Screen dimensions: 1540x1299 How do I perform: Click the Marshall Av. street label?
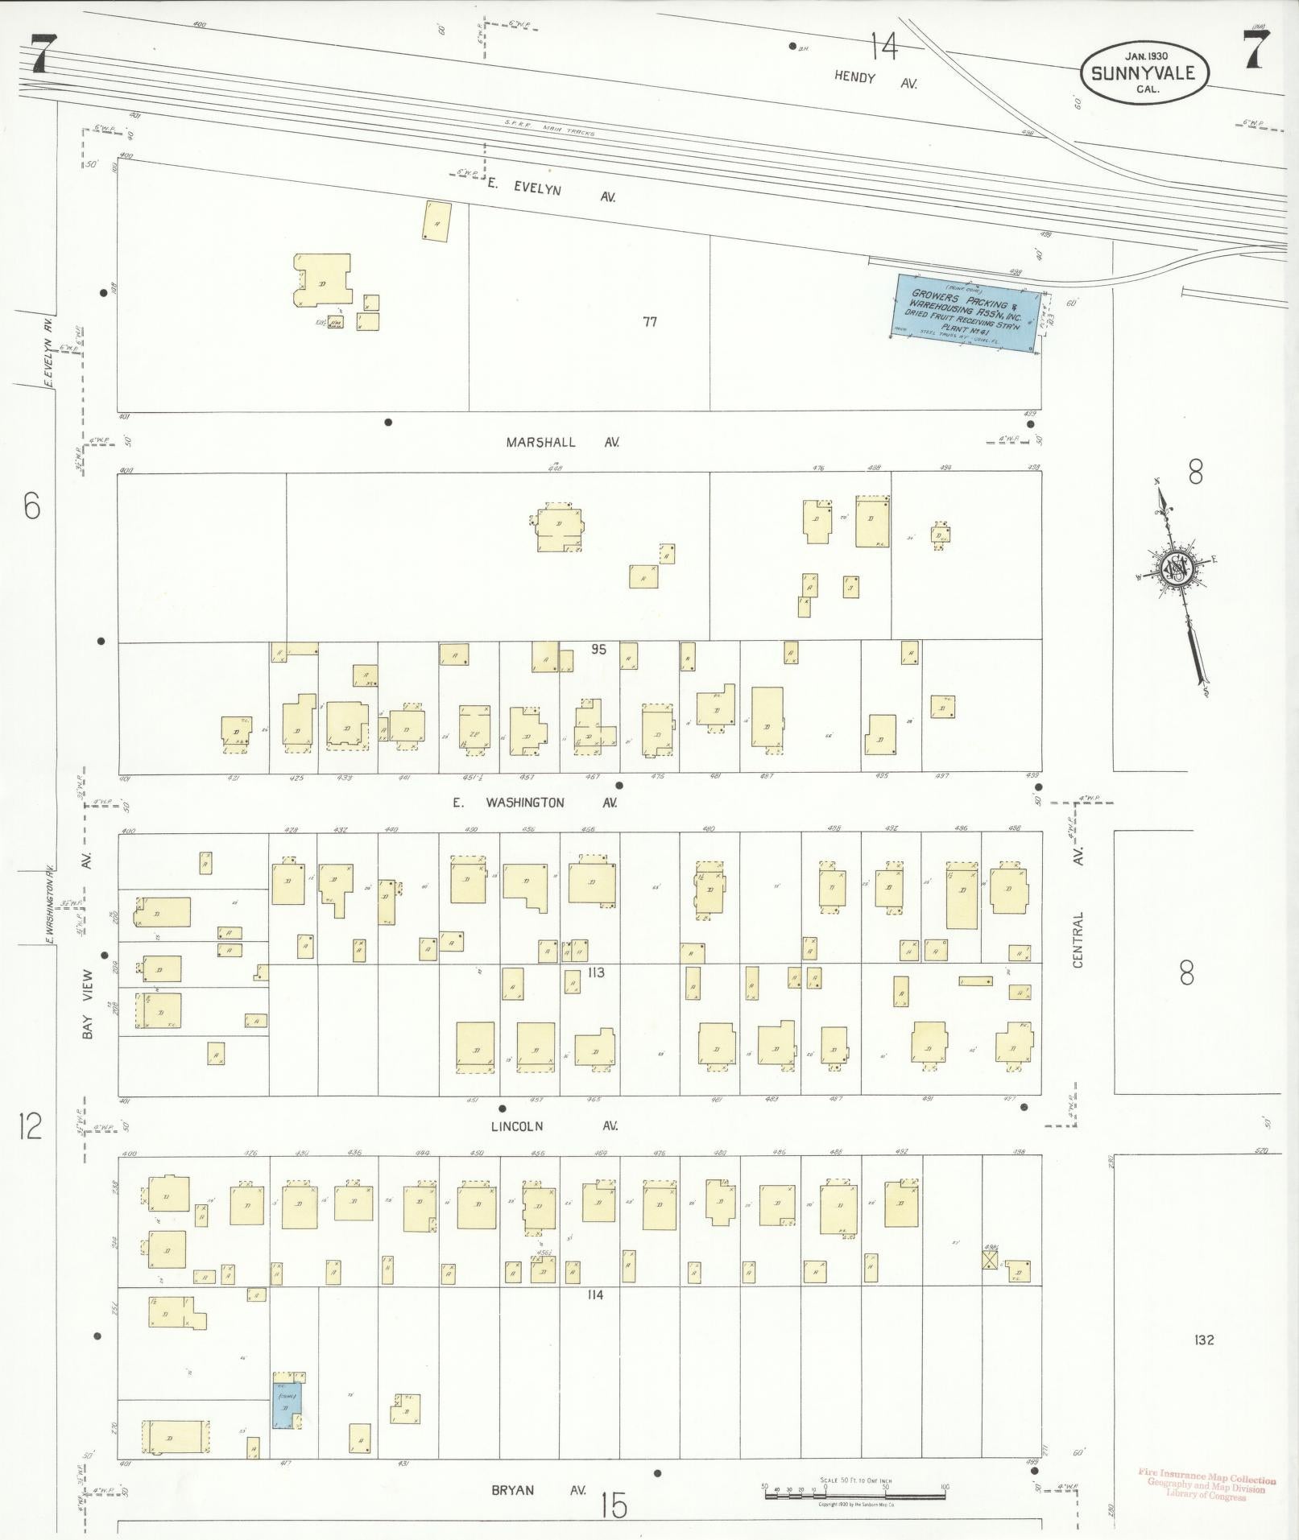[563, 442]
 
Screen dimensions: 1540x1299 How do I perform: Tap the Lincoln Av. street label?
[563, 1125]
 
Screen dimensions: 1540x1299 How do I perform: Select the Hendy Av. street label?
[875, 80]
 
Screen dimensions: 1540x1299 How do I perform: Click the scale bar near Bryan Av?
[854, 1495]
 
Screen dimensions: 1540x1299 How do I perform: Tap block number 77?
[650, 322]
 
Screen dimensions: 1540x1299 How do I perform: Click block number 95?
[597, 649]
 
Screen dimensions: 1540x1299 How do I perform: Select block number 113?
[596, 972]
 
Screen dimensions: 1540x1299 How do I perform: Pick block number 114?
[596, 1294]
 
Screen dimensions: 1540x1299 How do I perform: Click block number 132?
[1205, 1340]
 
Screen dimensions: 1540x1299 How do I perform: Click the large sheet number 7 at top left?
[42, 55]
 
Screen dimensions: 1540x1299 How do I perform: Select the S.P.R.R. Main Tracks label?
[549, 128]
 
